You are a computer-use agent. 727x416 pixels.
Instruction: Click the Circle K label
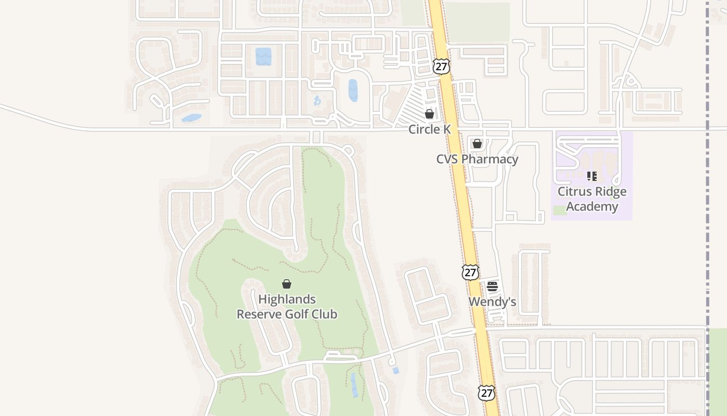429,129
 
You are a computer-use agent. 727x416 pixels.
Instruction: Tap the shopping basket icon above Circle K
429,114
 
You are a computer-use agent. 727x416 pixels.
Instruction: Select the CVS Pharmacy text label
477,159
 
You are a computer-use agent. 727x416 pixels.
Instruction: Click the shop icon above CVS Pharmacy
477,144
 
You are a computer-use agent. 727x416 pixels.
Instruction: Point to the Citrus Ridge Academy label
592,199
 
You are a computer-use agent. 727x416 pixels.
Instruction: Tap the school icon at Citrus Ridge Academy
591,176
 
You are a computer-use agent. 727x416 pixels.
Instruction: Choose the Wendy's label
492,302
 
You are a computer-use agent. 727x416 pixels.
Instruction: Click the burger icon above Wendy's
492,286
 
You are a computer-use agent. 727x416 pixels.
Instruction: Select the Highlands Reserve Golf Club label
287,307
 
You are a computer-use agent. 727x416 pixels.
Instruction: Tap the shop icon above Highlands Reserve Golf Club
286,284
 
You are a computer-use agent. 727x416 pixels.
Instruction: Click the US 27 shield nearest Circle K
441,67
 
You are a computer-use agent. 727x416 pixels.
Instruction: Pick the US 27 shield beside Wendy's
470,272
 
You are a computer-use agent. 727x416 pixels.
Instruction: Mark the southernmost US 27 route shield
486,393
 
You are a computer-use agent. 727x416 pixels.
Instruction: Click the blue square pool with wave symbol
263,56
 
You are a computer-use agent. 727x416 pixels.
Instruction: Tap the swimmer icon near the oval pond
317,100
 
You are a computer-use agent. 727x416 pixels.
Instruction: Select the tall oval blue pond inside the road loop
353,90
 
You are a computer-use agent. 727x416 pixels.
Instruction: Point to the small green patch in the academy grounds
560,210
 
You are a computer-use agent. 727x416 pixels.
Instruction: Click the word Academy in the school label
592,206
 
